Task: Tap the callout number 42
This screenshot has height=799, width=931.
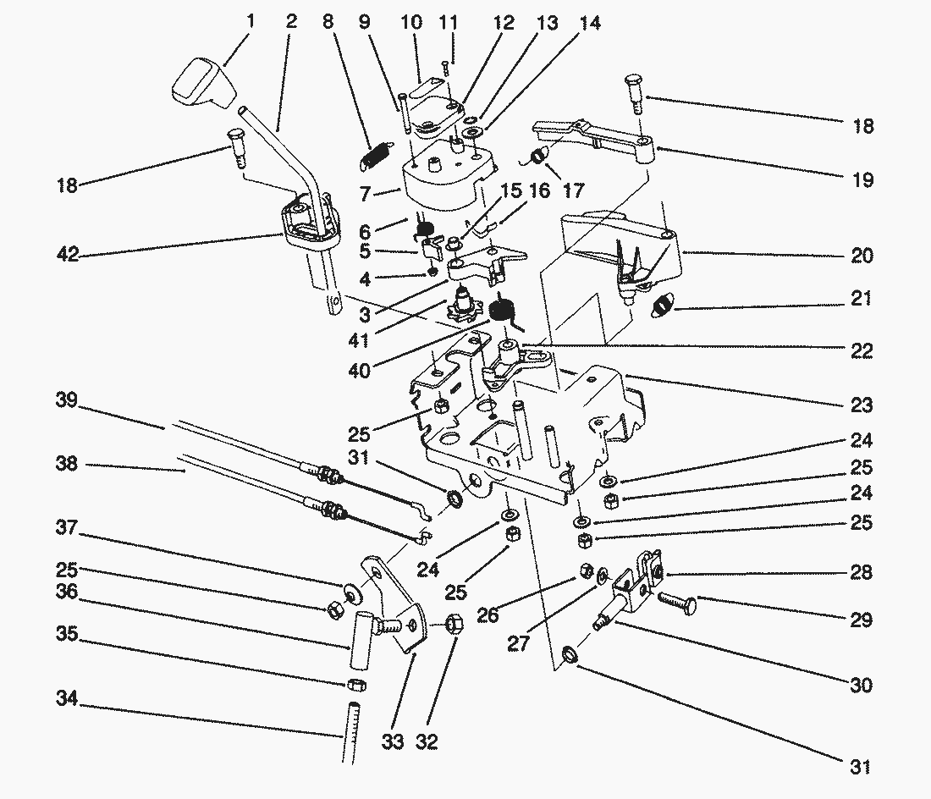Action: (x=69, y=253)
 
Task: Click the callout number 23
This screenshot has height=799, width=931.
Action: (x=861, y=405)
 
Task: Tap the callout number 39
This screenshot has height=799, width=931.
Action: (x=69, y=403)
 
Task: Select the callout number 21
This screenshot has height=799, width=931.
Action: (x=861, y=299)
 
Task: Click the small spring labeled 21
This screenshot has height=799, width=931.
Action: (x=662, y=303)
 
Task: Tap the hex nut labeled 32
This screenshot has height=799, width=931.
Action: (x=452, y=625)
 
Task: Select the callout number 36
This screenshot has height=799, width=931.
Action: (x=69, y=592)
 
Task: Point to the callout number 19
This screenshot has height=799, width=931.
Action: (x=861, y=179)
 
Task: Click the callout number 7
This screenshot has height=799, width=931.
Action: (x=366, y=195)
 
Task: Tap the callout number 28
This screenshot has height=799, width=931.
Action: (x=861, y=573)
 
